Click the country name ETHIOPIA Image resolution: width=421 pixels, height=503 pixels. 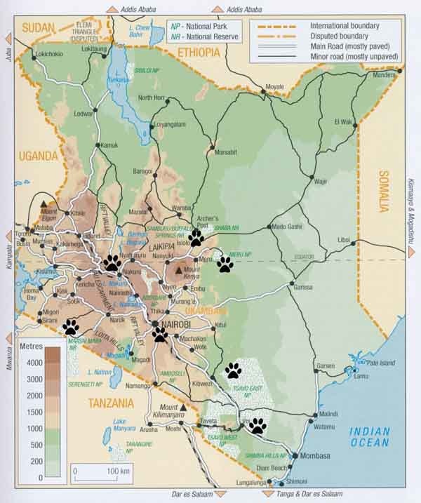click(203, 53)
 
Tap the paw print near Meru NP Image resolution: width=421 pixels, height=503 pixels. click(225, 264)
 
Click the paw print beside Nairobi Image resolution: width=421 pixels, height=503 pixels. click(160, 335)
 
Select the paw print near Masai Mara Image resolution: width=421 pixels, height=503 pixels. click(70, 327)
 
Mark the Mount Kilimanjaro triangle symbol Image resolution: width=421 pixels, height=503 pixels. click(182, 407)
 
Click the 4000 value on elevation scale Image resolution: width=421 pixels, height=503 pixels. click(34, 363)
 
